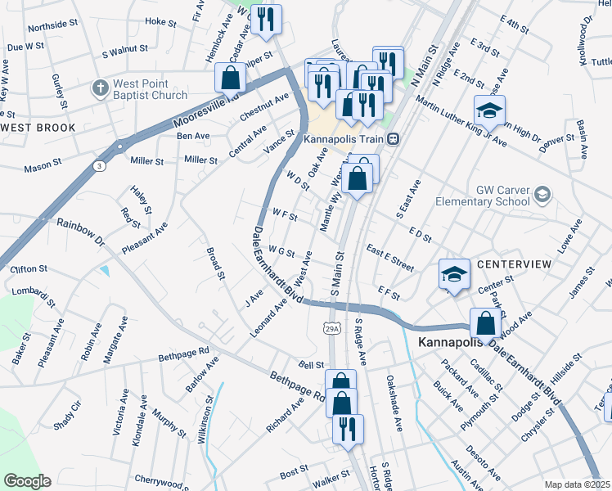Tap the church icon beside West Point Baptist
pyautogui.click(x=100, y=88)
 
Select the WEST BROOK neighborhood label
pyautogui.click(x=39, y=128)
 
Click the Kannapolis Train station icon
pyautogui.click(x=394, y=139)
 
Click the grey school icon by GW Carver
pyautogui.click(x=542, y=194)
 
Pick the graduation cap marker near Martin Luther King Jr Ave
pyautogui.click(x=489, y=110)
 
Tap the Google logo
pyautogui.click(x=27, y=481)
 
